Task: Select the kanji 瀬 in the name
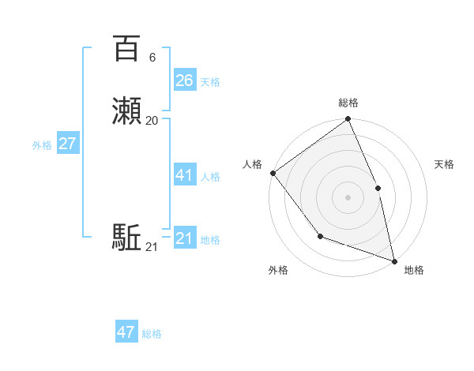point(126,111)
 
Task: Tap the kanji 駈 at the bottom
point(126,238)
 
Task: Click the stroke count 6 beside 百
point(152,58)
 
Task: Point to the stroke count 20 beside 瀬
point(152,121)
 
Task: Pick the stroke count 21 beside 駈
point(152,248)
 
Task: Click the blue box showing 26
point(185,80)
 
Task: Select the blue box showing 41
point(185,175)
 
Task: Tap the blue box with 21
point(185,238)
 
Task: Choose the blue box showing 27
point(68,144)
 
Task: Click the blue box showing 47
point(126,332)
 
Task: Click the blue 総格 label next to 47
point(152,334)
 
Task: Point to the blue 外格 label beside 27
point(42,145)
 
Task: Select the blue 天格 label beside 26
point(210,81)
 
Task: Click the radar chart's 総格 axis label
point(348,103)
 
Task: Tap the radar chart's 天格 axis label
point(444,164)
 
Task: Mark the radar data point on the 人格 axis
point(273,173)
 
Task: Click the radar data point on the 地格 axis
point(394,260)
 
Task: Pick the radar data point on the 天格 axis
point(378,188)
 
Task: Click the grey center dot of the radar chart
point(348,197)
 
